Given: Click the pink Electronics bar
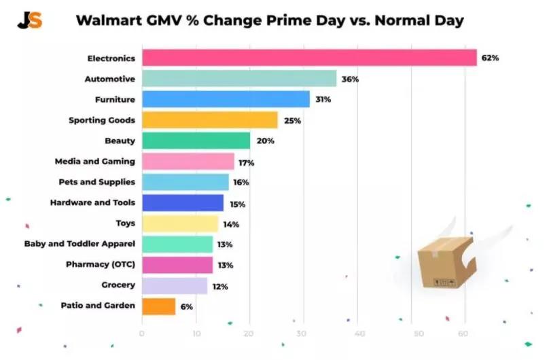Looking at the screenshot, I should [x=309, y=58].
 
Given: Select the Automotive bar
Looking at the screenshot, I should [x=239, y=79].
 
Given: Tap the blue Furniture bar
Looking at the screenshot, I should [x=226, y=99].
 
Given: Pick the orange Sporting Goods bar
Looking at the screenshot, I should [x=209, y=120].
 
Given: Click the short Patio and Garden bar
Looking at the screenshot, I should [x=158, y=306].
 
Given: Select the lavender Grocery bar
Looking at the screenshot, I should [x=174, y=285].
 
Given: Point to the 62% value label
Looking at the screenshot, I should [x=490, y=58].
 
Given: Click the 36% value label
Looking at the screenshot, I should [x=350, y=79].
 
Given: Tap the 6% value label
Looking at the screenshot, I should [x=187, y=306].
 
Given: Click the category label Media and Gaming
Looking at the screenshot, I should [x=94, y=162].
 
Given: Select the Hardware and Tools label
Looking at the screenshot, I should [x=92, y=202].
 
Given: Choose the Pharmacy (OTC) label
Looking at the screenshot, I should [x=100, y=264].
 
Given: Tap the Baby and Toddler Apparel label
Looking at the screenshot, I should [x=79, y=244].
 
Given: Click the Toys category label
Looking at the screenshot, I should [x=125, y=223].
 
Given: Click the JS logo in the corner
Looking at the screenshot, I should [x=30, y=20].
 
